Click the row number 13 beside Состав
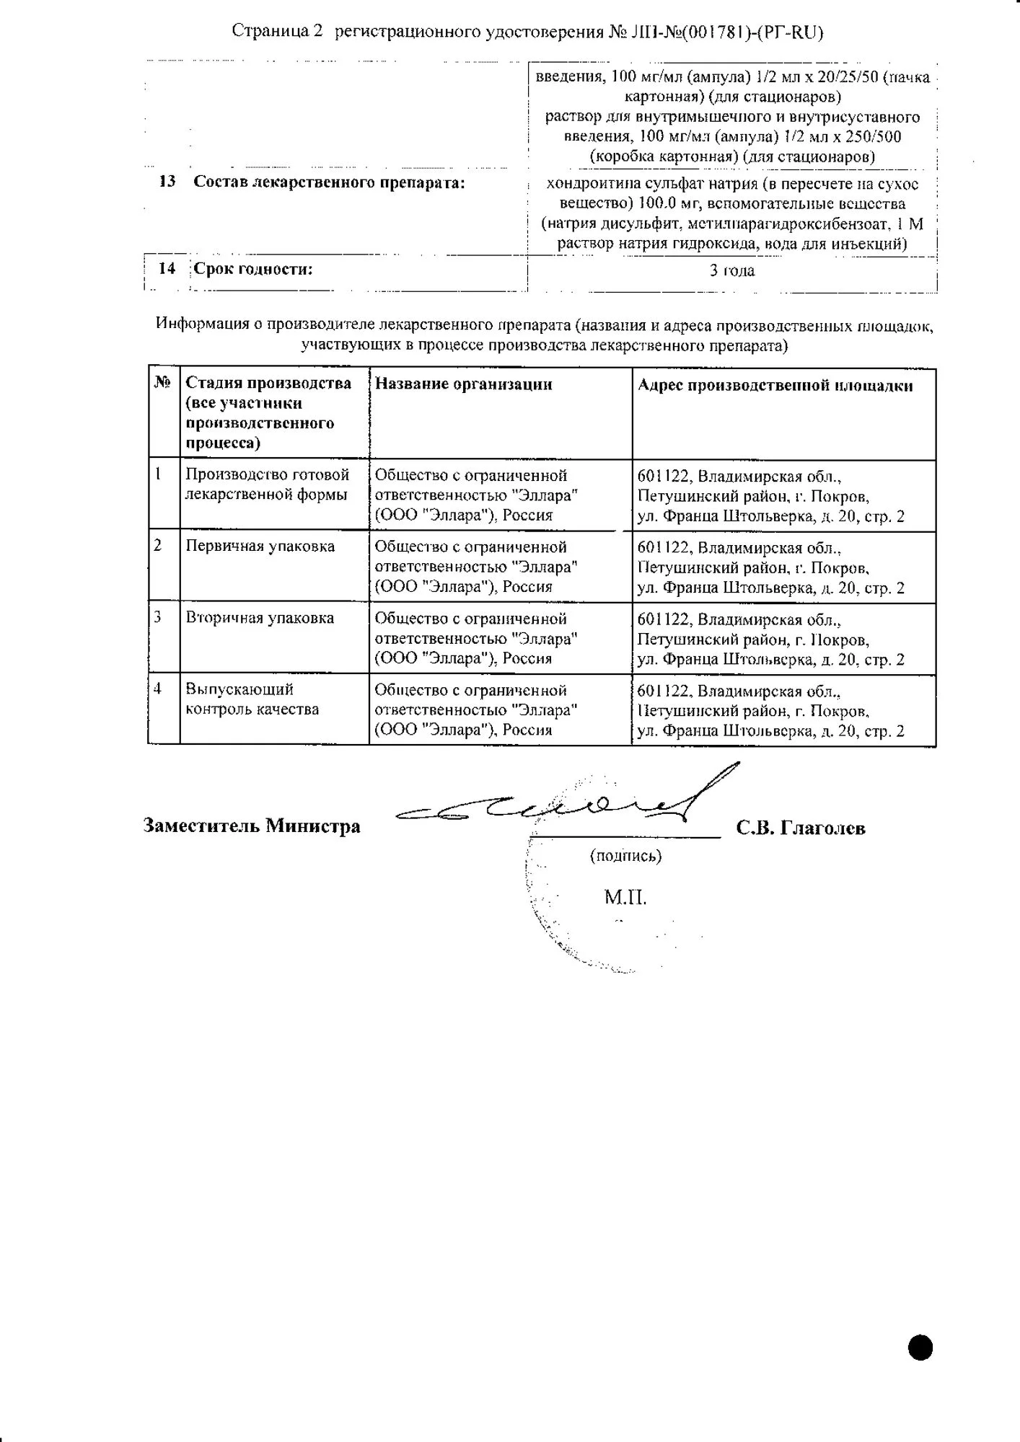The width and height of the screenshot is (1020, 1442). (167, 182)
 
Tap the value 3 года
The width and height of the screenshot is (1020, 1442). (732, 271)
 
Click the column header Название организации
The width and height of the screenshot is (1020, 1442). (463, 384)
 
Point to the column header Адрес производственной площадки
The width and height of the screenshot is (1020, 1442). (775, 386)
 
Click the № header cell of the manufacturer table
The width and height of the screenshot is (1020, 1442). (163, 383)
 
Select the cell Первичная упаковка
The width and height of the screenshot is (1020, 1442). (260, 547)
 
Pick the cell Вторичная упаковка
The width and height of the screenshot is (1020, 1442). (260, 618)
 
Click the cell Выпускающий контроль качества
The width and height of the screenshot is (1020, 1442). (252, 699)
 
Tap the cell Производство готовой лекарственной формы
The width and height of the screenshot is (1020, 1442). (267, 485)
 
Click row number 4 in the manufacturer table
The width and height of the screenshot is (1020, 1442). (158, 689)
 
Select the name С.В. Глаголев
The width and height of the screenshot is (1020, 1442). (801, 828)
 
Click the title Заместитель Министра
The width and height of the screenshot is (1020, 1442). (252, 826)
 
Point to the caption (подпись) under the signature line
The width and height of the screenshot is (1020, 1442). (625, 856)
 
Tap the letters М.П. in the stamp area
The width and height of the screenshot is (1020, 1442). (625, 898)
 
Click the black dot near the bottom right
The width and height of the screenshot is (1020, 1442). (920, 1348)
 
